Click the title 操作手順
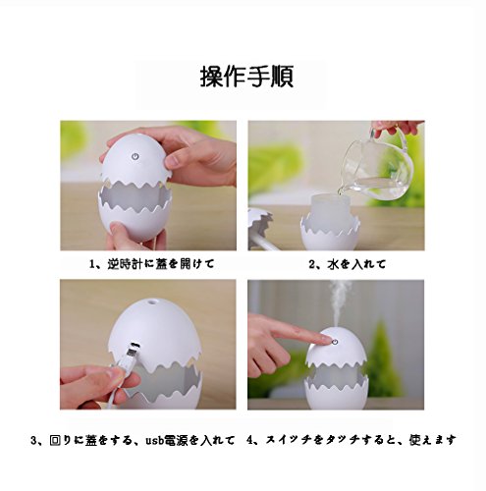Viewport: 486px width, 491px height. pos(246,77)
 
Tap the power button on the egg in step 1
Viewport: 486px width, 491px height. pos(135,156)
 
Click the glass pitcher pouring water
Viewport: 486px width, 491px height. pos(376,167)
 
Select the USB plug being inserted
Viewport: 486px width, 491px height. pos(131,355)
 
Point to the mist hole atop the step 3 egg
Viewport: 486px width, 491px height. pos(151,300)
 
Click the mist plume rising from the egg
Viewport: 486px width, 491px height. pos(340,302)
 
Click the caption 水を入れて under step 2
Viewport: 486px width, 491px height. pos(356,264)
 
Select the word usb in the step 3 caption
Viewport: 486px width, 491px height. pos(154,440)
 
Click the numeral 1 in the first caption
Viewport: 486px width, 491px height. pos(92,264)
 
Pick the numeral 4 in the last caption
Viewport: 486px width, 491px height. pos(249,440)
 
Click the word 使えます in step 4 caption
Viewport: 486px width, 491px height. pos(433,440)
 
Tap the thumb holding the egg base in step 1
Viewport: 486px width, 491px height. pos(117,231)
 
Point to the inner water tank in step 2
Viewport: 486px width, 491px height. pos(328,213)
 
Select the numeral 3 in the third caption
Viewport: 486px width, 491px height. pos(33,440)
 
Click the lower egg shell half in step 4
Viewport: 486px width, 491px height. pos(337,393)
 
